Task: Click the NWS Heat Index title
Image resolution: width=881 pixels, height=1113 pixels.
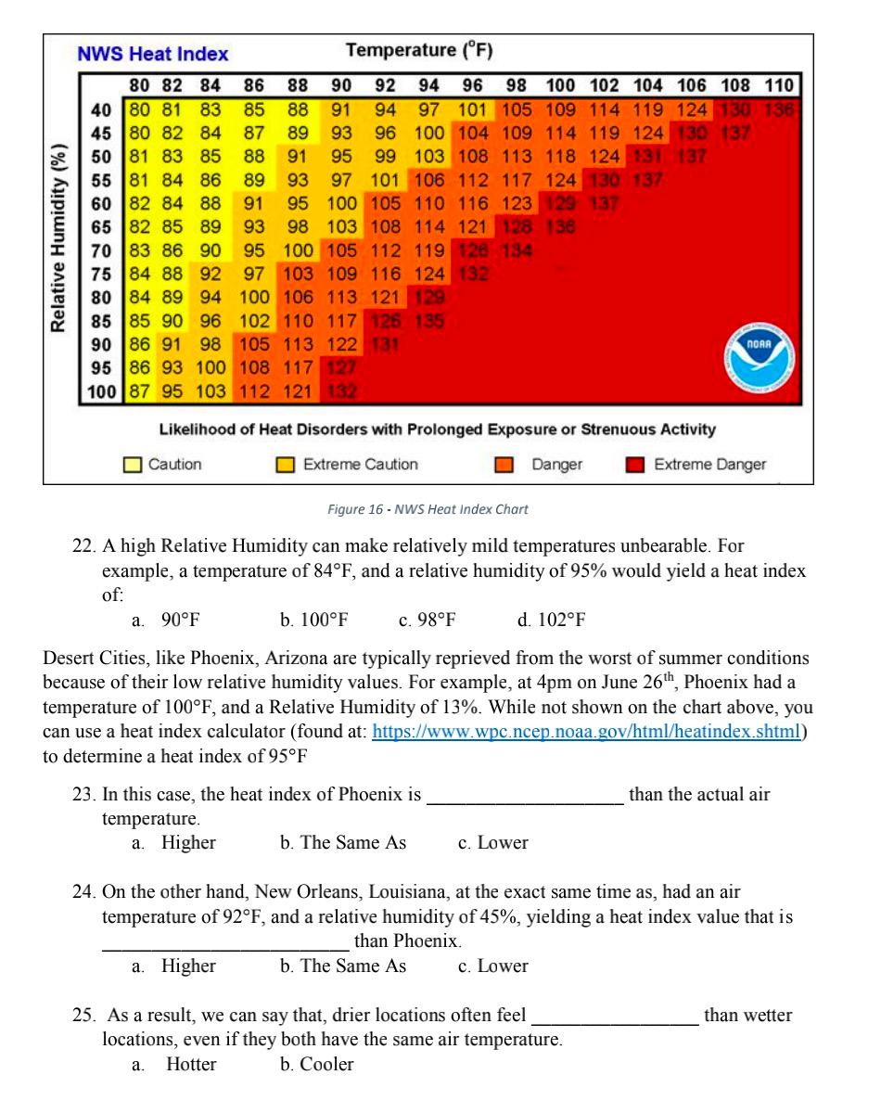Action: tap(153, 54)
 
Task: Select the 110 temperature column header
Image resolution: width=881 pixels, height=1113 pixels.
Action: tap(780, 86)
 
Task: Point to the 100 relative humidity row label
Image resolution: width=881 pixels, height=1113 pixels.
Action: tap(101, 390)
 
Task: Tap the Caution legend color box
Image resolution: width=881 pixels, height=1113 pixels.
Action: tap(134, 465)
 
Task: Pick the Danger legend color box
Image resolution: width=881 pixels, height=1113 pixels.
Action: tap(504, 465)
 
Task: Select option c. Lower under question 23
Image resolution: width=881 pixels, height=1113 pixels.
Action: tap(492, 843)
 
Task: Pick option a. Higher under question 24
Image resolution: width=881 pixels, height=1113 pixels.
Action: tap(177, 966)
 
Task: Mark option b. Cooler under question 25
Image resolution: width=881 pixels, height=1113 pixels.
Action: tap(316, 1065)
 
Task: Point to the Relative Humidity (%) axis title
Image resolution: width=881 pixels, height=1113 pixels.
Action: tap(59, 237)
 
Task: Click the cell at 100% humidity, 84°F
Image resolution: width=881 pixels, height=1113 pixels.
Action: tap(210, 390)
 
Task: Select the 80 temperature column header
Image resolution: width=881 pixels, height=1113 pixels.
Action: tap(138, 86)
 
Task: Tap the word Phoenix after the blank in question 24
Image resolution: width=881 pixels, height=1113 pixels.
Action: tap(426, 941)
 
